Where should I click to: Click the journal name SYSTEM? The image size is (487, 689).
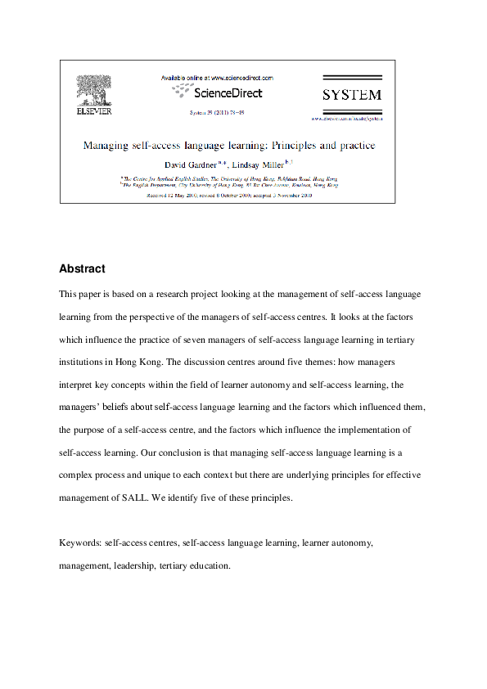click(352, 95)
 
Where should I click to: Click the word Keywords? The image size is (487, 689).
click(80, 543)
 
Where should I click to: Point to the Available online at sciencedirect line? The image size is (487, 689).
click(217, 78)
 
